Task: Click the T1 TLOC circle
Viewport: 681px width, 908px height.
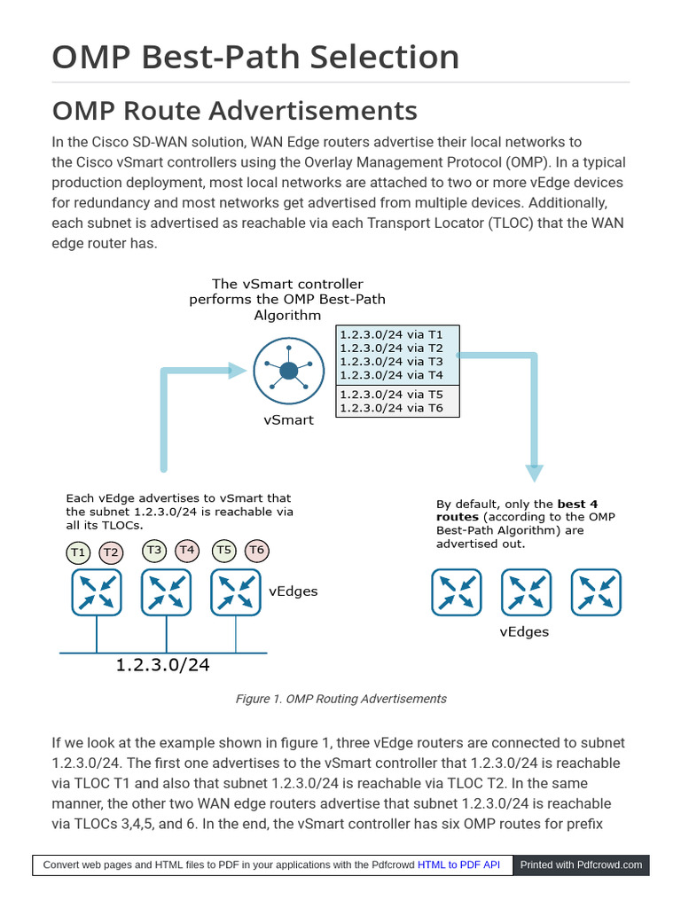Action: (x=79, y=552)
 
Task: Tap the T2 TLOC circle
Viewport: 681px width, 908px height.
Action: (x=111, y=552)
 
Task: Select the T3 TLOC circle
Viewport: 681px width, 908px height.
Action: (x=154, y=551)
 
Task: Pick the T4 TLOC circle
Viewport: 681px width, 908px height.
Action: (x=187, y=551)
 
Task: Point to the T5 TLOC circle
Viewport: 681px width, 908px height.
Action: (x=224, y=551)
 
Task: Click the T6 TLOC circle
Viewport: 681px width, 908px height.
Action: (x=256, y=551)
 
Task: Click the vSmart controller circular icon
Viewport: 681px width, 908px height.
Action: (x=288, y=371)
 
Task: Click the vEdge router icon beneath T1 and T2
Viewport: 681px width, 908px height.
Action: (x=97, y=592)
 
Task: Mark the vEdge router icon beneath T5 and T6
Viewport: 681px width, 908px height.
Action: (x=236, y=592)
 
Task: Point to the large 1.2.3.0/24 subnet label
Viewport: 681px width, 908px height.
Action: (x=163, y=664)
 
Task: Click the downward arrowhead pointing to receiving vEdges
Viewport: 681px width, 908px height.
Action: (x=534, y=472)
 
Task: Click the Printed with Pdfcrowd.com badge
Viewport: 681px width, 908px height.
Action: (x=581, y=865)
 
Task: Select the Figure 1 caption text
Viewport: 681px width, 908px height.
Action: (x=340, y=699)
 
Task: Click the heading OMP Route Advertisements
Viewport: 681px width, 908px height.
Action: (x=234, y=111)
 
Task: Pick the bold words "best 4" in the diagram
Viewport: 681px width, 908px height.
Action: (x=577, y=504)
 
